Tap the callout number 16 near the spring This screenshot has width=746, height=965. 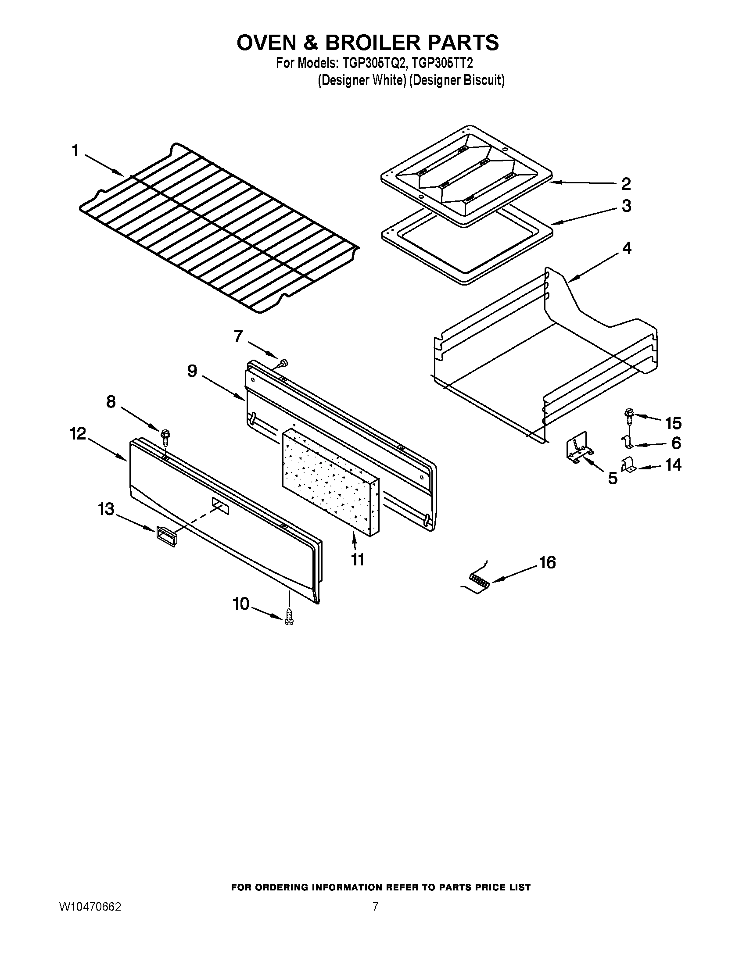coord(547,562)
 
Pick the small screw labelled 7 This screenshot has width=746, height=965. coord(283,363)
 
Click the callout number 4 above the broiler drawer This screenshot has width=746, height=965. coord(627,248)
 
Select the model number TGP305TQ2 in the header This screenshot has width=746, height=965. coord(373,64)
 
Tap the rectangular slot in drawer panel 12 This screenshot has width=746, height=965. coord(221,505)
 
